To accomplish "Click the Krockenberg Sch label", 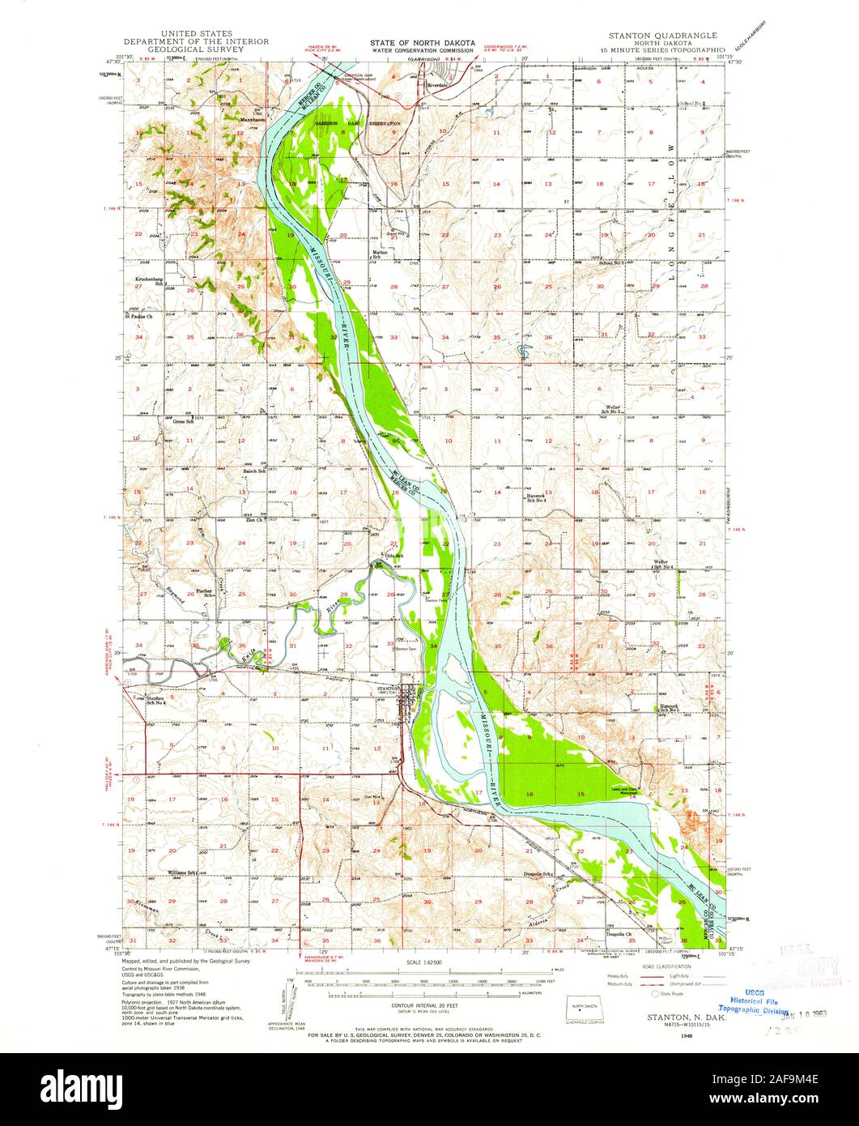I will [x=151, y=280].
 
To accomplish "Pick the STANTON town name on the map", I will [x=390, y=689].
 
